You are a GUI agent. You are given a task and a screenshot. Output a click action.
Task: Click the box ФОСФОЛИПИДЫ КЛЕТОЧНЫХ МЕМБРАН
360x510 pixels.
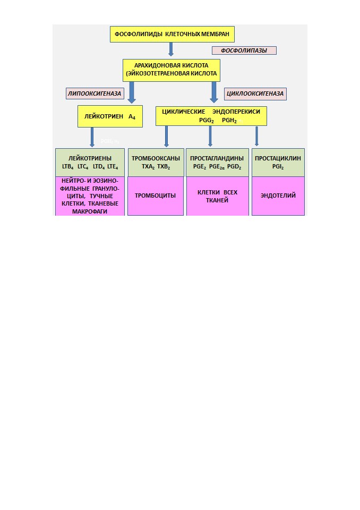click(172, 34)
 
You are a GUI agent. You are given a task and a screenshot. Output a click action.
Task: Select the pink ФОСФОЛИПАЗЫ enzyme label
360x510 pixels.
click(244, 50)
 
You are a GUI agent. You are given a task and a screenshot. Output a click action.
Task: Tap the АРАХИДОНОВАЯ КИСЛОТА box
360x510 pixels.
click(172, 70)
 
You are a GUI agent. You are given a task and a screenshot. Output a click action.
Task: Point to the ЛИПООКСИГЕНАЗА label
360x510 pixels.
click(95, 93)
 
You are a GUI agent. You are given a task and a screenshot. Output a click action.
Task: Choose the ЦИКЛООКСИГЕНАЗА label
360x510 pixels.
click(255, 93)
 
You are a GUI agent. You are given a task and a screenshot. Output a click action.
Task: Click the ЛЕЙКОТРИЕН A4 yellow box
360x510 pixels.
click(110, 116)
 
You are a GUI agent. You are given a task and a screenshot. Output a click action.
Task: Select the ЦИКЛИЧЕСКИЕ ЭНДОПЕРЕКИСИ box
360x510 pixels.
click(211, 116)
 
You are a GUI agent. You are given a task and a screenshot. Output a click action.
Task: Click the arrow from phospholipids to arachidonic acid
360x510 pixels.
click(171, 49)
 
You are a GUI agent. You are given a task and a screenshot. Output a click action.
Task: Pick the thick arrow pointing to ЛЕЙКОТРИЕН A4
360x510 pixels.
click(131, 92)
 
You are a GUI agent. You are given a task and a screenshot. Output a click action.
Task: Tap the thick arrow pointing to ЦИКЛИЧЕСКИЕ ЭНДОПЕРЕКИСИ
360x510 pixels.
click(213, 92)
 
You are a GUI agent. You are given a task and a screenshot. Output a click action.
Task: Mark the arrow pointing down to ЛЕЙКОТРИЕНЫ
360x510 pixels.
click(92, 137)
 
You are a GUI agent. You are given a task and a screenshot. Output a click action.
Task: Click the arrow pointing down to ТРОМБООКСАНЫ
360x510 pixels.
click(166, 137)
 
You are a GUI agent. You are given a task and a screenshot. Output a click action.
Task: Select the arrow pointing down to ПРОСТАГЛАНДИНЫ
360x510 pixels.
click(210, 136)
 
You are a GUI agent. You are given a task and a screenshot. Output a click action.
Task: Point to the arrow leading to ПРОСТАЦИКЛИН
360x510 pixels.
click(256, 136)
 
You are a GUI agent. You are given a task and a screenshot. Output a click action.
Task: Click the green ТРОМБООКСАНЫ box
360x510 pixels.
click(156, 163)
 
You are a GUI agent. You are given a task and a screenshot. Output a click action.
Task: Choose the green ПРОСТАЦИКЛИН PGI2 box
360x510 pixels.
click(278, 163)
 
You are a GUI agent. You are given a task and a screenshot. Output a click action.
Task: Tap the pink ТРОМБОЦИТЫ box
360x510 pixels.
click(156, 196)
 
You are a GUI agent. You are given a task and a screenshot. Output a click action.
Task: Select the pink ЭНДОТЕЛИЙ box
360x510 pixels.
click(278, 196)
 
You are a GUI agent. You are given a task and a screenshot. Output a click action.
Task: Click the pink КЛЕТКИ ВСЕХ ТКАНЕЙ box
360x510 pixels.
click(217, 196)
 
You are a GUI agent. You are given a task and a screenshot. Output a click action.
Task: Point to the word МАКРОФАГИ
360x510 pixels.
click(90, 211)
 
